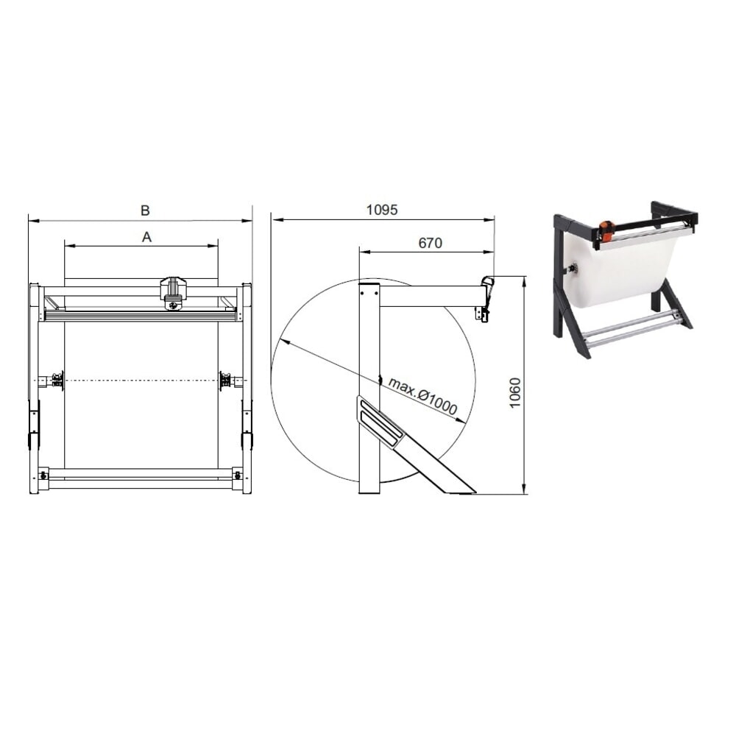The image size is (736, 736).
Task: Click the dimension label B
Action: tap(145, 210)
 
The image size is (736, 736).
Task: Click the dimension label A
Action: tap(146, 237)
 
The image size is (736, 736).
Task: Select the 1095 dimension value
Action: tap(382, 210)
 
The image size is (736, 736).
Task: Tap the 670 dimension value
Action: tap(430, 243)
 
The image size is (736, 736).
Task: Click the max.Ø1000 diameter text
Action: tap(422, 397)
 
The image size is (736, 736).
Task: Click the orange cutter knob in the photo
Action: tap(606, 229)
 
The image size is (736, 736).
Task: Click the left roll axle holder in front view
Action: tap(54, 381)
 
